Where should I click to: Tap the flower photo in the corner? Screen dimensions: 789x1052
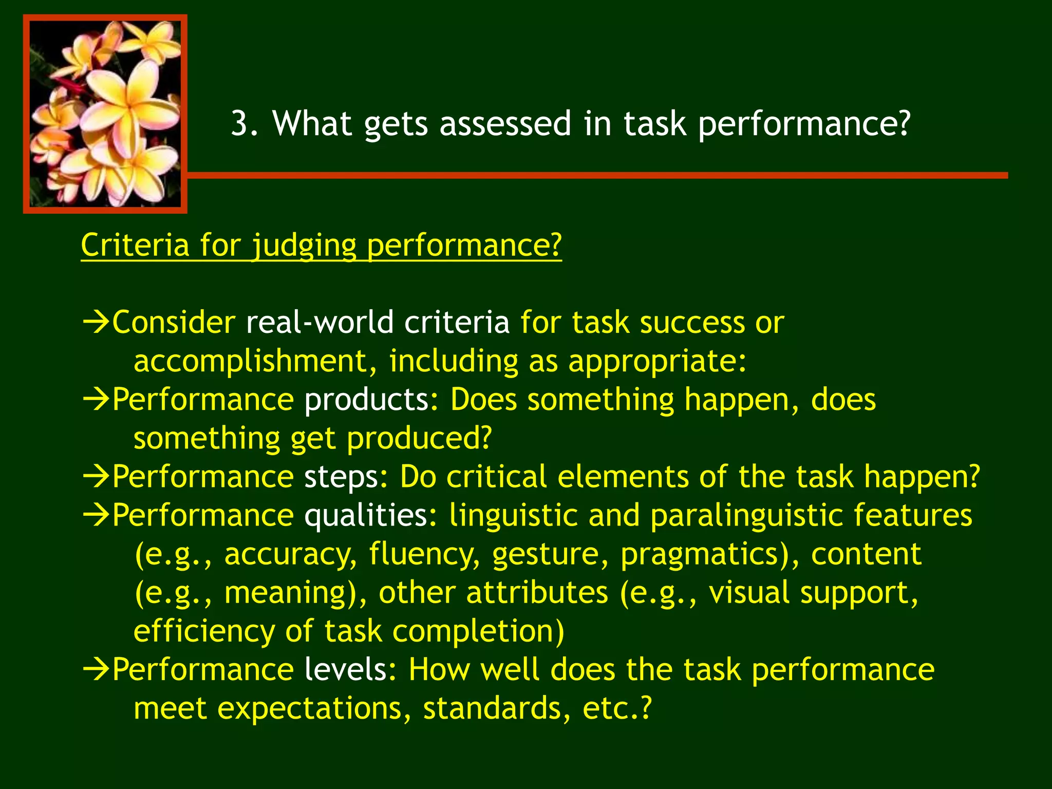click(105, 114)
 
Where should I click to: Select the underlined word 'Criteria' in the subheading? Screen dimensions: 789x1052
click(135, 245)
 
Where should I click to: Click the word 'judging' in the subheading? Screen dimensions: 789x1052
click(304, 246)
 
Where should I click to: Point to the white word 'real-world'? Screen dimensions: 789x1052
click(319, 323)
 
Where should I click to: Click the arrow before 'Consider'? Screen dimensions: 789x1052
click(96, 323)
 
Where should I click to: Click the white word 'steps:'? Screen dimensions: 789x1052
click(346, 477)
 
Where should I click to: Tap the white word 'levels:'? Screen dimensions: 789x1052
click(350, 670)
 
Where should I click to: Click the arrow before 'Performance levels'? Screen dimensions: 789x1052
click(96, 670)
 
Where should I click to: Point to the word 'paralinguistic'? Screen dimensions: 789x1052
click(746, 515)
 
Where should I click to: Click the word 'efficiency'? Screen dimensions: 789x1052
click(204, 631)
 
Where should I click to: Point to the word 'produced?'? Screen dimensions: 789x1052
click(419, 439)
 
